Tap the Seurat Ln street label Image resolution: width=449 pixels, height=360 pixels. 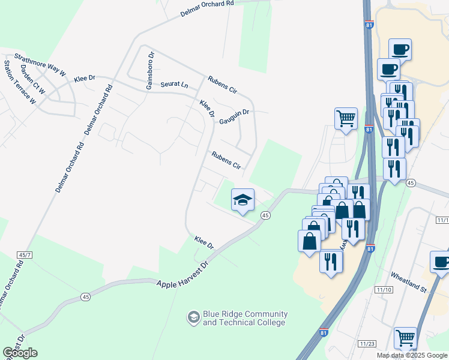coord(174,85)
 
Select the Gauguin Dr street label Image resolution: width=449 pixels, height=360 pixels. coord(234,112)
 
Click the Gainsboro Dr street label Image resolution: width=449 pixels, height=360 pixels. coord(150,71)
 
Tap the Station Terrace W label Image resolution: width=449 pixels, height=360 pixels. coord(20,82)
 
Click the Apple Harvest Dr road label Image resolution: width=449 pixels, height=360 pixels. coord(182,274)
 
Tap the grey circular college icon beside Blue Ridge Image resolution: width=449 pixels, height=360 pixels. coord(193,317)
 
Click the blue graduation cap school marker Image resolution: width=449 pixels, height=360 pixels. coord(243,200)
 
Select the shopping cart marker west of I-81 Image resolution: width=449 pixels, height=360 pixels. coord(346,118)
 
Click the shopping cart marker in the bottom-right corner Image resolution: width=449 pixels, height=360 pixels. coord(405,338)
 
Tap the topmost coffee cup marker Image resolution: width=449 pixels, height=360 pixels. coord(400,49)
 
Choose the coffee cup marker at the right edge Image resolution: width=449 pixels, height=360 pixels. coord(441,262)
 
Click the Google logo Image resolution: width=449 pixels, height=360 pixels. coord(20,353)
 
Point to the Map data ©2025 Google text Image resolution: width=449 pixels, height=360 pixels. coord(412,355)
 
